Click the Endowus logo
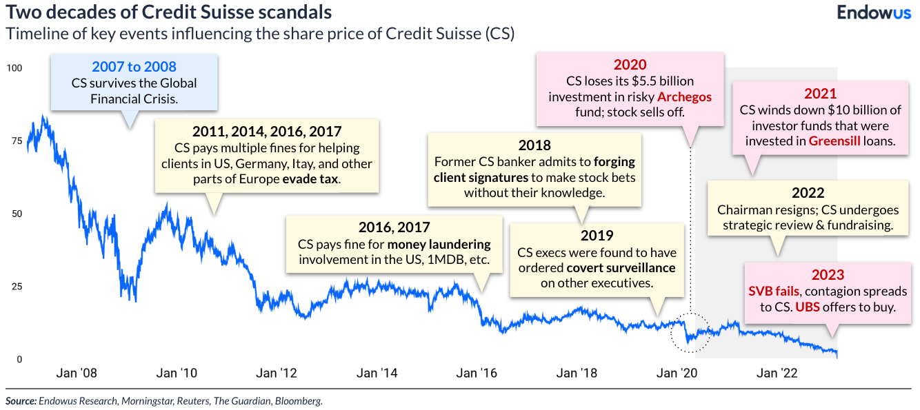(874, 12)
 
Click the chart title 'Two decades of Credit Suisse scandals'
(169, 12)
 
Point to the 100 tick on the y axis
(14, 68)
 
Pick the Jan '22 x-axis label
(779, 373)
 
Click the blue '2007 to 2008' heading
(134, 67)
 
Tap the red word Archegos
(684, 96)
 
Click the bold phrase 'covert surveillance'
(621, 267)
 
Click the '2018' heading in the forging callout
(534, 145)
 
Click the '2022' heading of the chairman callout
(808, 194)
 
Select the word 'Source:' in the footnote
(21, 400)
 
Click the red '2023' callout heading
(828, 275)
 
